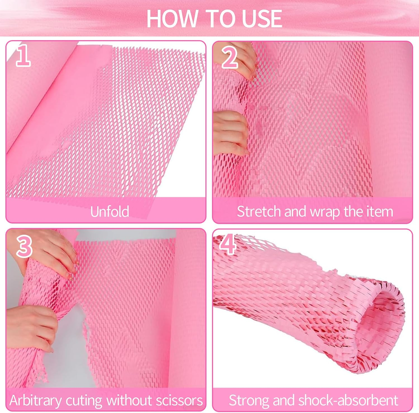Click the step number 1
tap(23, 56)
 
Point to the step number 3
tap(24, 246)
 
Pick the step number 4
tap(228, 244)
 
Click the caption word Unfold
tap(110, 212)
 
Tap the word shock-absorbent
tap(348, 400)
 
